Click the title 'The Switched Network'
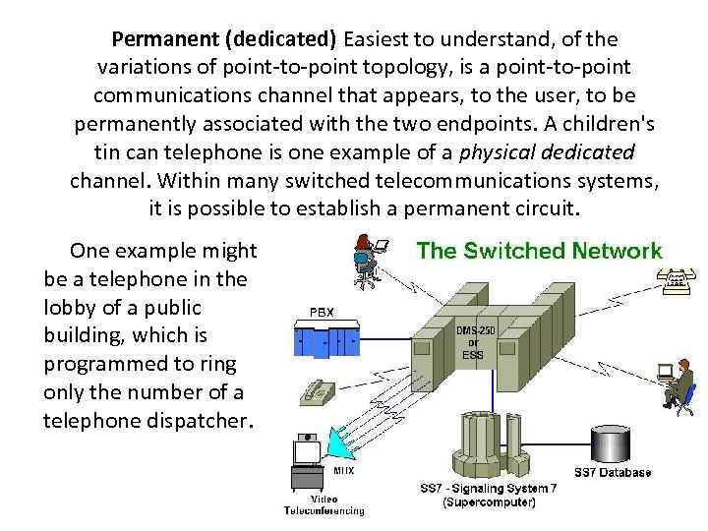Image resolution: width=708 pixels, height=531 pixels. pyautogui.click(x=540, y=251)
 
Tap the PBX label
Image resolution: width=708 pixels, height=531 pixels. pyautogui.click(x=323, y=312)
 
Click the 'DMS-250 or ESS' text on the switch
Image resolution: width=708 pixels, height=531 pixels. pyautogui.click(x=468, y=341)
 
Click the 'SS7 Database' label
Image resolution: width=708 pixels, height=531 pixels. pyautogui.click(x=614, y=473)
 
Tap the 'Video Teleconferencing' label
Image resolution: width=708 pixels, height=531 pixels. pyautogui.click(x=324, y=505)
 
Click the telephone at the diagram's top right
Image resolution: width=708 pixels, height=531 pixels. pyautogui.click(x=677, y=282)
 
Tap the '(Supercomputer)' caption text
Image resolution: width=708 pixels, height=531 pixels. pyautogui.click(x=489, y=502)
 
